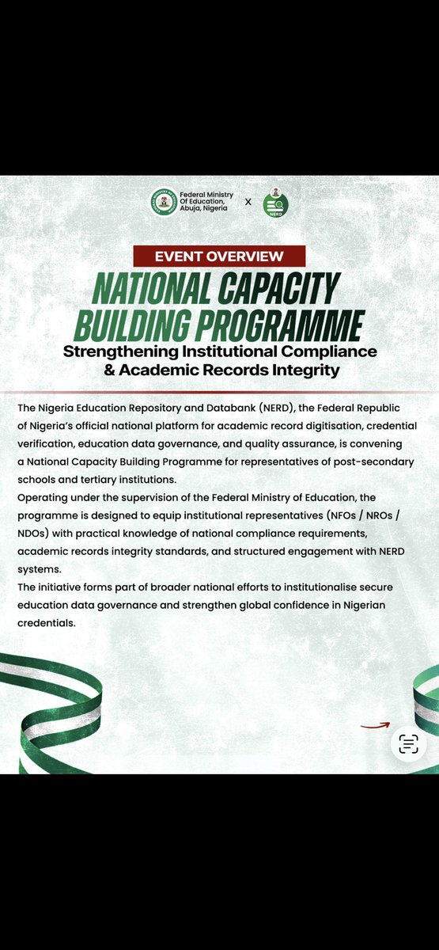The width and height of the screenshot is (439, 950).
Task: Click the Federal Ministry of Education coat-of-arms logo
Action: click(164, 202)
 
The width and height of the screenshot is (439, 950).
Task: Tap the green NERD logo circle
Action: click(276, 205)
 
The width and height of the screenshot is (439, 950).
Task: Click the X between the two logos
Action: click(248, 202)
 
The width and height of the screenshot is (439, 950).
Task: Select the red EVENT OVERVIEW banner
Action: click(219, 256)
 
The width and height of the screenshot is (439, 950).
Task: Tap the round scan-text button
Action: click(408, 744)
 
